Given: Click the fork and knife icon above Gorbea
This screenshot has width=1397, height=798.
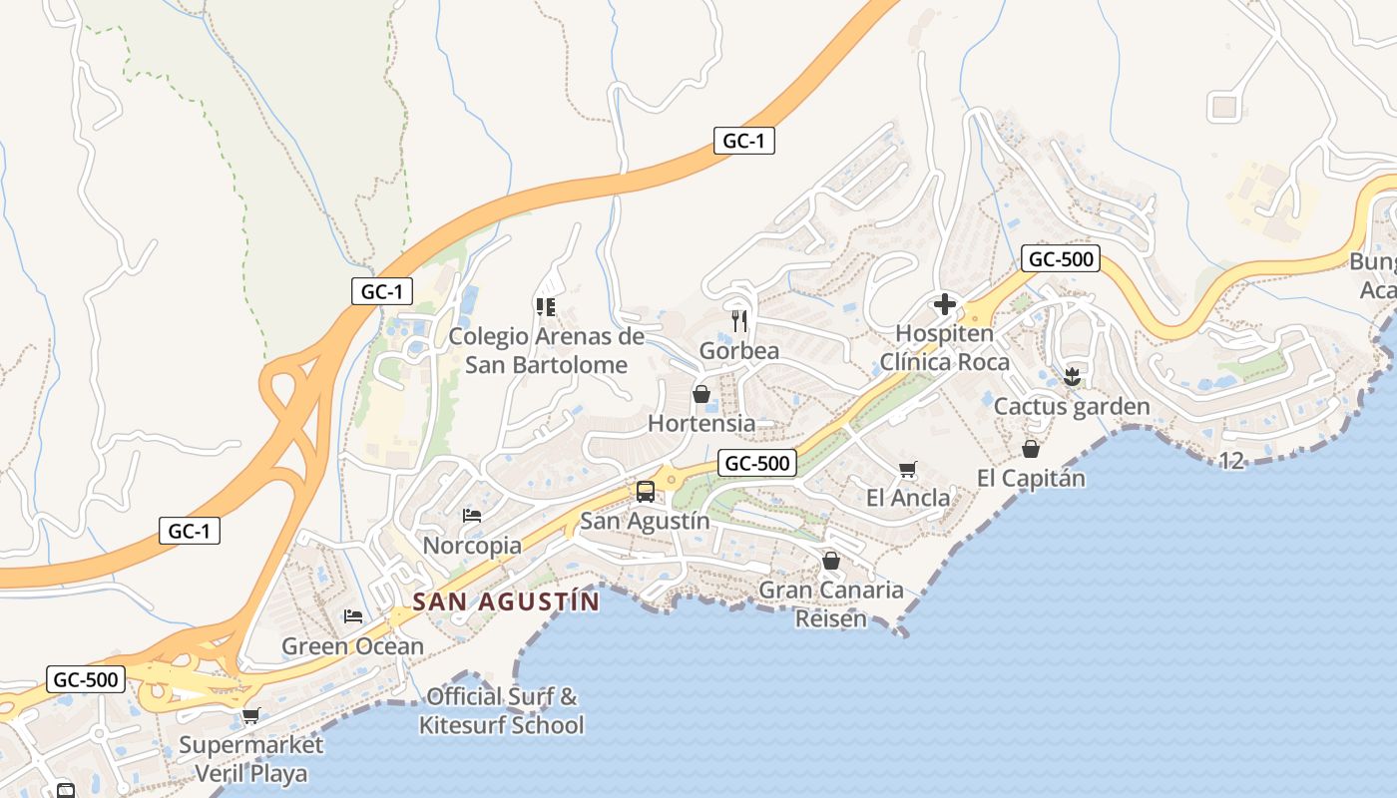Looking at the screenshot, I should [x=739, y=320].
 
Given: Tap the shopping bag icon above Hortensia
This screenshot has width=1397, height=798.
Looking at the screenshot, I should [x=701, y=394].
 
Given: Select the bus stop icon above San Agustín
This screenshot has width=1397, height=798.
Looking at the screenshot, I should [x=646, y=491].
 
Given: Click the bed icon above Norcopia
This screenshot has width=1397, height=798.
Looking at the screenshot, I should [x=472, y=516].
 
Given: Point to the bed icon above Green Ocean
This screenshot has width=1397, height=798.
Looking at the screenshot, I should [x=352, y=616].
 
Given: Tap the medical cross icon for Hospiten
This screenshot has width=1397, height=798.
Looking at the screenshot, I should [x=944, y=304].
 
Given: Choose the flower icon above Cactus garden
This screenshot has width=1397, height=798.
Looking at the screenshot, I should [x=1072, y=376].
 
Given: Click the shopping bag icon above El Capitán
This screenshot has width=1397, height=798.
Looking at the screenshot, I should [x=1031, y=449].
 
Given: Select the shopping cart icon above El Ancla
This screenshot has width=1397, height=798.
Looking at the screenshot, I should [x=907, y=469].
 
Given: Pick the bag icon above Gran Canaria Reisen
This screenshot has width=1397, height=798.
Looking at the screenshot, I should [x=830, y=562].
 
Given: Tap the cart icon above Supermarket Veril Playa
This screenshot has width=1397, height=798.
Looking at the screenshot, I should [x=250, y=715].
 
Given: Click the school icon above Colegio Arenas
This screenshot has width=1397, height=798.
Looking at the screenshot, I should [x=545, y=306].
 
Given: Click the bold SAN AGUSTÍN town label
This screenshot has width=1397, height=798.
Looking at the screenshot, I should [x=506, y=601].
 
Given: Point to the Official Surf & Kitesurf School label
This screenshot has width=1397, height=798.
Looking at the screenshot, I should [x=501, y=710].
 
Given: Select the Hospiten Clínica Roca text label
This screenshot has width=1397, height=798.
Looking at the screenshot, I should [x=944, y=347].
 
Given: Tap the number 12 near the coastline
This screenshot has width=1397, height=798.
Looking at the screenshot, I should [x=1232, y=460].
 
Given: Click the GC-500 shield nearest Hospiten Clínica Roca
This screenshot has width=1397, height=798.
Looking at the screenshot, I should [x=1061, y=259].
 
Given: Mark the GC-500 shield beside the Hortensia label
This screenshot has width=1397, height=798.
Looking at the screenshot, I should [x=756, y=463].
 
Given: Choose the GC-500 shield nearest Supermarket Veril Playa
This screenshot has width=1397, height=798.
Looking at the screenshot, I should [x=86, y=680].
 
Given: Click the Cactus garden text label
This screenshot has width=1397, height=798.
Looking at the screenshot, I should [x=1072, y=406].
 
